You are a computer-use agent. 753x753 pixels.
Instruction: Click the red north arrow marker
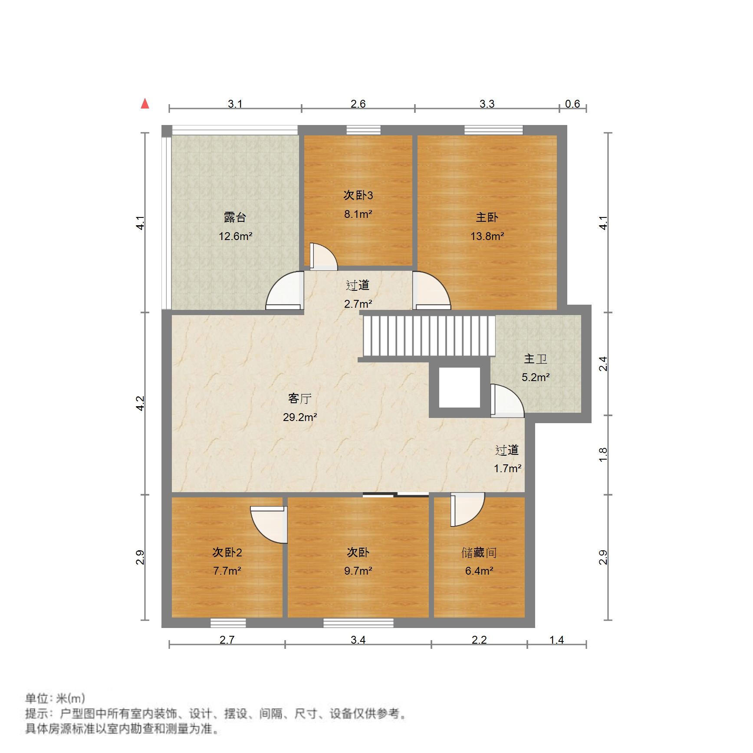145,104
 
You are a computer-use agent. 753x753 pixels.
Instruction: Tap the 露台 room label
235,217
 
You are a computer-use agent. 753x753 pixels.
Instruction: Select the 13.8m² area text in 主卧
487,236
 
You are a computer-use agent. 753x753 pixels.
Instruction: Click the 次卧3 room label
358,195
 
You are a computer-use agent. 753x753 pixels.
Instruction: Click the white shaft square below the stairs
459,387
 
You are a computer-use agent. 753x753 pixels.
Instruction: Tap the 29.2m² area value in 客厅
299,418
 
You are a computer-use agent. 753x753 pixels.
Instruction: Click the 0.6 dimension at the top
572,104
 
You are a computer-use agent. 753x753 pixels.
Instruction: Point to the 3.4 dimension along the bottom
358,640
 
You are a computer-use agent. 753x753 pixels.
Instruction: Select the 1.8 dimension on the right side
603,454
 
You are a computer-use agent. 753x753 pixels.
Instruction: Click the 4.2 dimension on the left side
140,403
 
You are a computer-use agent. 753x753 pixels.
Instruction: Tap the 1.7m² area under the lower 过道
507,469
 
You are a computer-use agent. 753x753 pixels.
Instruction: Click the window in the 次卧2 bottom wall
228,623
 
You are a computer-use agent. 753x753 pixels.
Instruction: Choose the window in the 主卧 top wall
493,130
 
